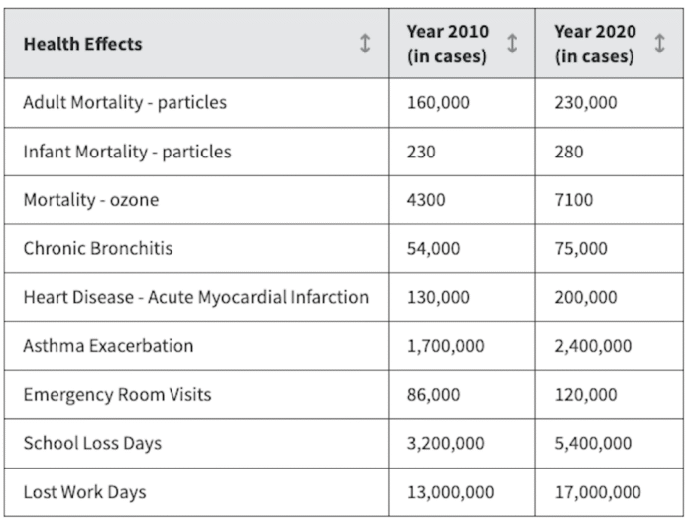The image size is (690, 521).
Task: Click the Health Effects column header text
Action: point(82,44)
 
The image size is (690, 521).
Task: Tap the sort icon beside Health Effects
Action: point(365,44)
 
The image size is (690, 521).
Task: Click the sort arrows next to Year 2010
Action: point(512,44)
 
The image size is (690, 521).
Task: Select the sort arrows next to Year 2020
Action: point(659,44)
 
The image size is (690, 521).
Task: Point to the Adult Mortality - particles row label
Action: point(125,102)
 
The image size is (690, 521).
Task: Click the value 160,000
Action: point(438,103)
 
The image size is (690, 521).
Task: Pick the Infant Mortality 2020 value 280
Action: point(568,152)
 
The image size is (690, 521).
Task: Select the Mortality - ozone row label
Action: point(91,200)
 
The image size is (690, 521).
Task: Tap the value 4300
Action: point(426,200)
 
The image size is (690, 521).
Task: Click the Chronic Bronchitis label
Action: point(98,248)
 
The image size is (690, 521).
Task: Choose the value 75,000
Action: point(581,249)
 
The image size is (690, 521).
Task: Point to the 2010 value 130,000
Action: point(438,298)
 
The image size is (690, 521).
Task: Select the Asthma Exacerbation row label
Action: point(108,346)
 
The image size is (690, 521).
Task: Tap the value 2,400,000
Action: point(593,346)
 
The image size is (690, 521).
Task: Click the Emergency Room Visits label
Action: point(118,395)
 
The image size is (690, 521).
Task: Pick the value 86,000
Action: point(433,395)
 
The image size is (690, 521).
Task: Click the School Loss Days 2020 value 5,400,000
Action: point(593,443)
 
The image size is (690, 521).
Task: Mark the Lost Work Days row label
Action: point(84,492)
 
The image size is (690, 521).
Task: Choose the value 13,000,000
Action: point(451,492)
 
